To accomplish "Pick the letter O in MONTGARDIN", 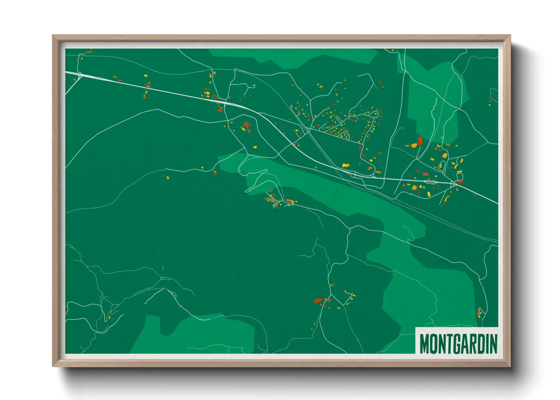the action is (433, 344).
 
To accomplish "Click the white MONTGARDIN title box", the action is (457, 341).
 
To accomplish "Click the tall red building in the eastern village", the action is (420, 141).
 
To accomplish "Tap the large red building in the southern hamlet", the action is (318, 301).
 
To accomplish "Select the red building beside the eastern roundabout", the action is (460, 181).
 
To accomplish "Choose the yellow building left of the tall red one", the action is (414, 145).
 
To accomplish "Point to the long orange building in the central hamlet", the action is (289, 200).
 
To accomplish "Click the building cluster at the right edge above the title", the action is (479, 313).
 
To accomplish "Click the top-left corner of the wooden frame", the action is (53, 36).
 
